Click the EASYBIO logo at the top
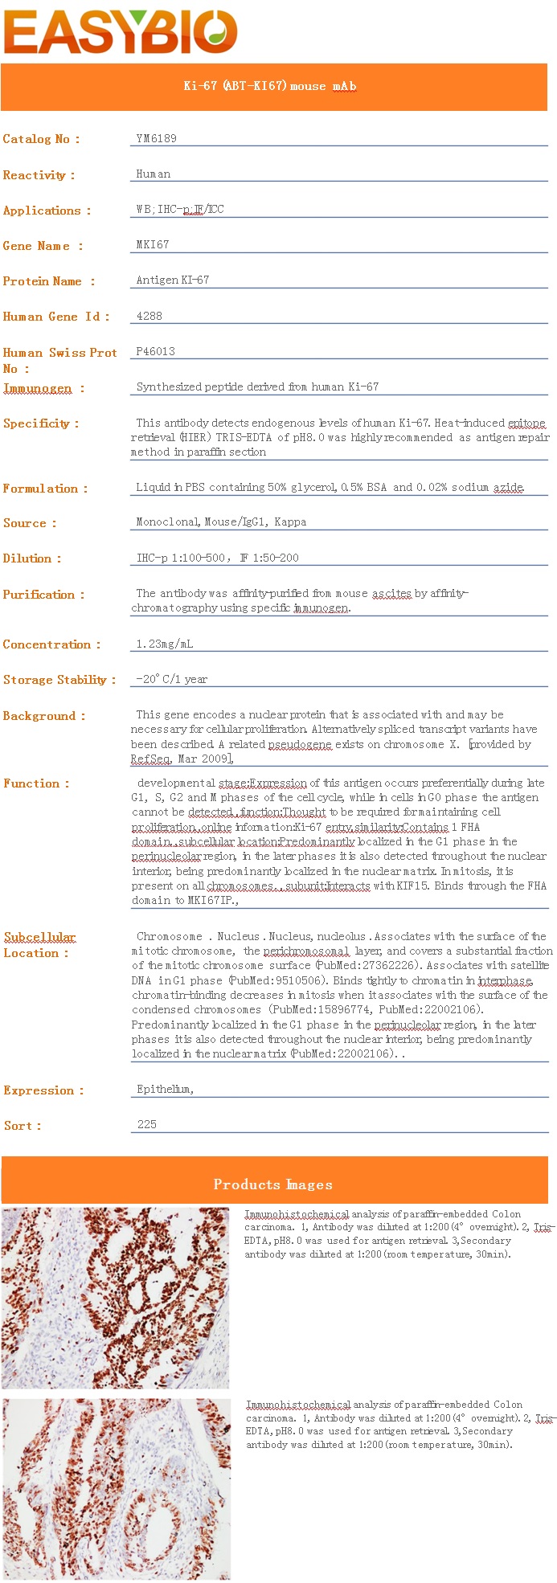coord(121,32)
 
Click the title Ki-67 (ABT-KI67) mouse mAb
coord(269,86)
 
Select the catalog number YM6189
coord(156,138)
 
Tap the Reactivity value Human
coord(153,174)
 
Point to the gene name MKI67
coord(153,244)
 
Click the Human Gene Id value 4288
coord(149,316)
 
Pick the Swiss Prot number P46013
coord(155,351)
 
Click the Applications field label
coord(47,211)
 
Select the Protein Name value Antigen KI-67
coord(172,280)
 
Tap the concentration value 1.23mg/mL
coord(164,644)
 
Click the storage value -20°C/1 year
coord(171,679)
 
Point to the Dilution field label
coord(31,558)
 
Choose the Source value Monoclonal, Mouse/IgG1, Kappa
coord(221,522)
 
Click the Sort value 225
coord(146,1124)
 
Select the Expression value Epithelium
coord(165,1089)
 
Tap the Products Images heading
coord(272,1184)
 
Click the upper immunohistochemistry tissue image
coord(115,1298)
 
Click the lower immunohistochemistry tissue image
coord(116,1488)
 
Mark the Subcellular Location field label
coord(39,945)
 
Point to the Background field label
coord(43,716)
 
